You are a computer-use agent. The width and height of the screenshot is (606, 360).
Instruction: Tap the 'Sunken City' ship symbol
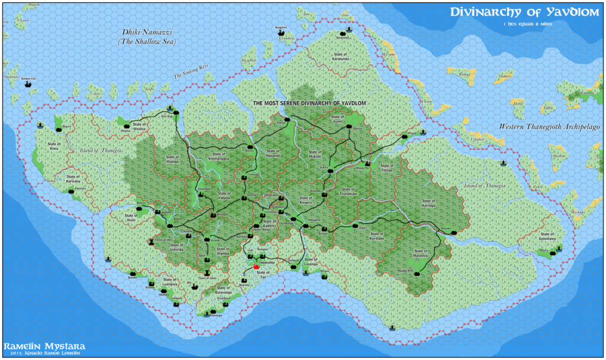(x=27, y=84)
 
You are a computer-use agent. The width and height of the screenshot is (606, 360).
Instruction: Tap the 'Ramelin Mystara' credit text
(x=44, y=346)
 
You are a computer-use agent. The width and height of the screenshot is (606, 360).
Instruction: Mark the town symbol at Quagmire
(x=281, y=33)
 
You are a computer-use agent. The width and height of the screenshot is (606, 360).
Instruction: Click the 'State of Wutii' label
(x=131, y=217)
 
